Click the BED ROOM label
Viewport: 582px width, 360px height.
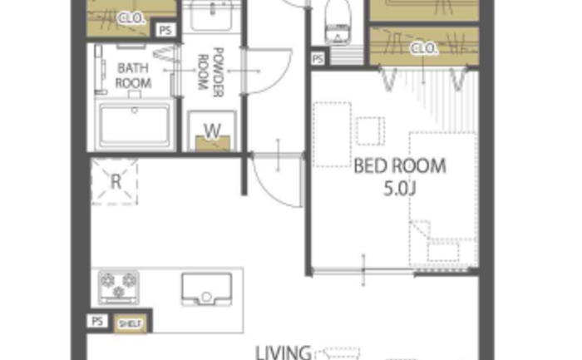pyautogui.click(x=400, y=166)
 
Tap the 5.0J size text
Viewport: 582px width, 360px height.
pyautogui.click(x=399, y=189)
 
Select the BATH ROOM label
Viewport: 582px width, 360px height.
pyautogui.click(x=133, y=76)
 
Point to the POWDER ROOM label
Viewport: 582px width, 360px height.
pyautogui.click(x=210, y=72)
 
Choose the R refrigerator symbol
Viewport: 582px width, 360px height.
pyautogui.click(x=115, y=181)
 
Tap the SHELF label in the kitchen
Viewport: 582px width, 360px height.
pyautogui.click(x=130, y=324)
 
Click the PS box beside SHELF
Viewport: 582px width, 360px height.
pyautogui.click(x=97, y=322)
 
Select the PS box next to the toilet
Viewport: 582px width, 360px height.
pyautogui.click(x=318, y=59)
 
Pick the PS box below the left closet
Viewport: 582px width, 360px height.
pyautogui.click(x=165, y=31)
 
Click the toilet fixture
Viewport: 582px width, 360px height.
pyautogui.click(x=338, y=22)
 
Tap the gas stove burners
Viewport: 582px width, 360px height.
pyautogui.click(x=119, y=288)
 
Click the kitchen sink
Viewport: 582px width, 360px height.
pyautogui.click(x=207, y=289)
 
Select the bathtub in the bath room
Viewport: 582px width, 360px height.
pyautogui.click(x=135, y=125)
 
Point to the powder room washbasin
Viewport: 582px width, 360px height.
pyautogui.click(x=211, y=16)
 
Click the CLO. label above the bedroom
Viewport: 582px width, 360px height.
pyautogui.click(x=423, y=48)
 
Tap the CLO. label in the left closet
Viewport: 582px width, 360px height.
pyautogui.click(x=131, y=18)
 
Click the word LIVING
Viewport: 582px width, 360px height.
pyautogui.click(x=284, y=353)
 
